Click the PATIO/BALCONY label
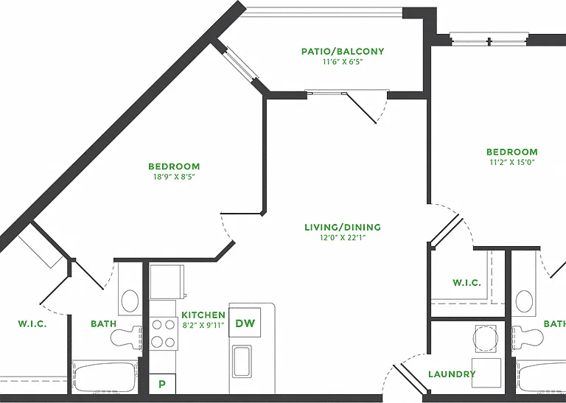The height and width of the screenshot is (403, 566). (x=343, y=52)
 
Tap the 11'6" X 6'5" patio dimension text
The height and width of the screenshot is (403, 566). (x=343, y=62)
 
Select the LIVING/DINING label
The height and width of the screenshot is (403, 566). (x=343, y=227)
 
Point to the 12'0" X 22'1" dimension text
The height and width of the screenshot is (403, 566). (x=343, y=237)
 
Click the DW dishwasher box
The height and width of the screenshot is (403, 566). (x=245, y=323)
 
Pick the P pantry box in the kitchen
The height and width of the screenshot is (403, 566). (x=162, y=384)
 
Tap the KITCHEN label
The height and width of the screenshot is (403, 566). (x=203, y=315)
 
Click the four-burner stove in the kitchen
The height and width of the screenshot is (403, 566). (x=164, y=333)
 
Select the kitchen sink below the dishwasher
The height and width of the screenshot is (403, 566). (x=242, y=361)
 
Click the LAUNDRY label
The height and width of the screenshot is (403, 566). (x=452, y=374)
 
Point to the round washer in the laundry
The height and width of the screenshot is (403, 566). (x=486, y=338)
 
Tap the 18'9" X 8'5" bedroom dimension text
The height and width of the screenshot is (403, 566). (x=174, y=177)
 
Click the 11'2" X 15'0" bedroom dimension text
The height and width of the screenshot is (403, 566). (x=512, y=162)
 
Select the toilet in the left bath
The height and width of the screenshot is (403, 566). (x=126, y=337)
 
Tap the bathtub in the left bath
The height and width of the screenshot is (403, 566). (x=105, y=376)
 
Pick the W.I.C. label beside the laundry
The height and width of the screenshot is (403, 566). (x=467, y=282)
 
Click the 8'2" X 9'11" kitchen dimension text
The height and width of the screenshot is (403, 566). (x=203, y=325)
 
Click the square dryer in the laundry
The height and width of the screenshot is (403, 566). (x=486, y=373)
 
